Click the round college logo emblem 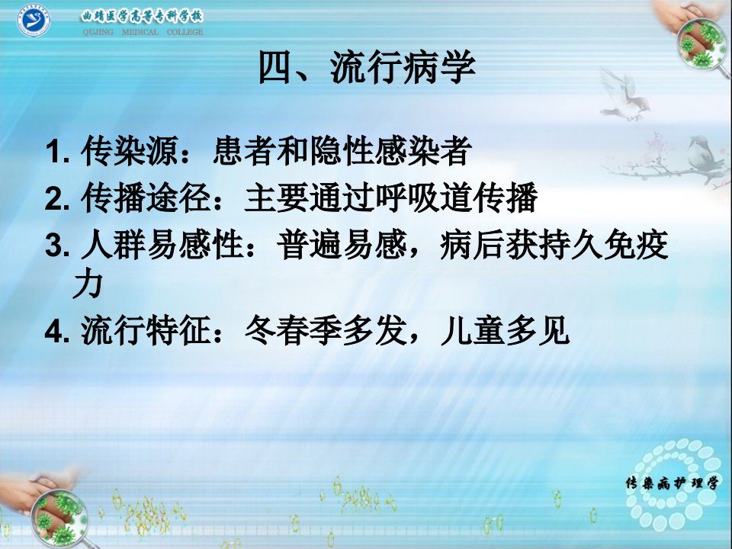click(x=34, y=20)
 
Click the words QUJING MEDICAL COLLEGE click(x=143, y=32)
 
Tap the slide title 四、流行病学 click(x=367, y=67)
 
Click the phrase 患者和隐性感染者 click(x=342, y=151)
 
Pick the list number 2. click(x=57, y=198)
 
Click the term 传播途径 click(x=146, y=197)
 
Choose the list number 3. click(x=57, y=246)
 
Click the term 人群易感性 click(x=162, y=245)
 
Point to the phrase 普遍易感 click(x=342, y=245)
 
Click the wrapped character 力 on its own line click(x=88, y=284)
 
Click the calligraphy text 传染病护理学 click(x=672, y=483)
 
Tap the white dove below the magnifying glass click(x=624, y=97)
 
